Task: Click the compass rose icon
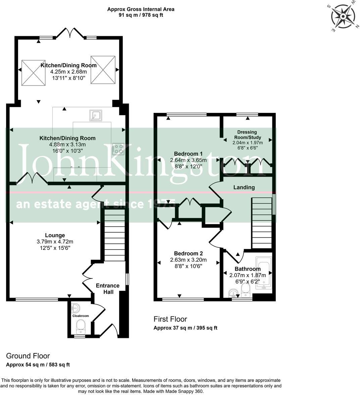point(343,17)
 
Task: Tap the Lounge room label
point(55,235)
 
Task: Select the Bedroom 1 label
point(188,154)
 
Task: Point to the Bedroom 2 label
point(188,253)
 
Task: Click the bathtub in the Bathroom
point(264,273)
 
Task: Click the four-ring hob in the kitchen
point(118,149)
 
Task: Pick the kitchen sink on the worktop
point(96,116)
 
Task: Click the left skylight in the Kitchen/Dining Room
point(34,72)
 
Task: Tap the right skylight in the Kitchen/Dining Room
point(103,70)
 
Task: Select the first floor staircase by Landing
point(262,223)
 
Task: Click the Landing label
point(244,187)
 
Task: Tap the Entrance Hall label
point(108,289)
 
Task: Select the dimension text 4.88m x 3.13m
point(68,144)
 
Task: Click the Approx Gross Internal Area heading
point(141,9)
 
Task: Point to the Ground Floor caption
point(28,356)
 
